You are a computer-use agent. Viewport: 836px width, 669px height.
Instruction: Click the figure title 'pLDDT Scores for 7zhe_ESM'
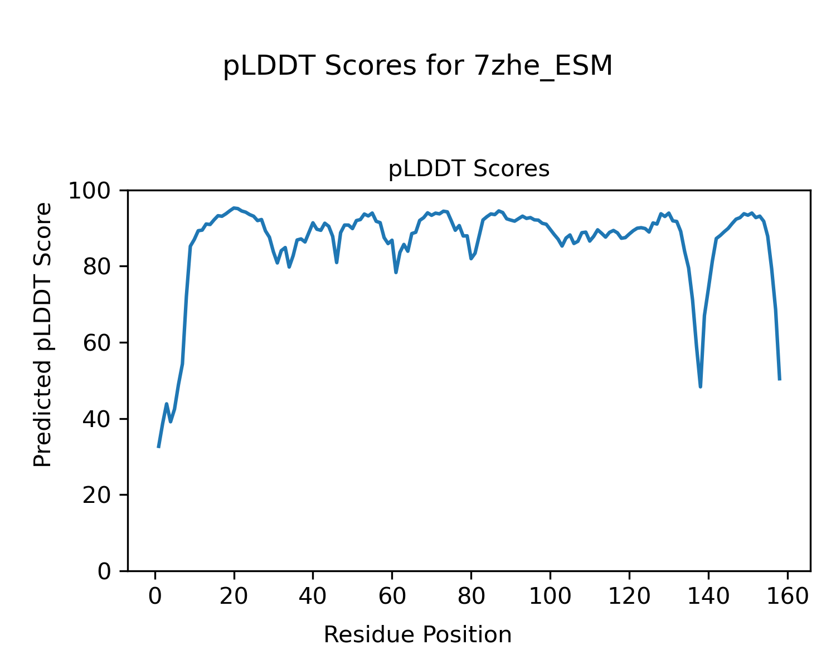tap(417, 66)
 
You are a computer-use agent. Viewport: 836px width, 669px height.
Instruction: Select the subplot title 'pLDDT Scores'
tap(469, 169)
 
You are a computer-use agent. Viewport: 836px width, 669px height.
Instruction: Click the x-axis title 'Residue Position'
tap(417, 634)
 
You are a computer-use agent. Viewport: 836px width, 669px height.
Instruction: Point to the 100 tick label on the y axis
tap(96, 191)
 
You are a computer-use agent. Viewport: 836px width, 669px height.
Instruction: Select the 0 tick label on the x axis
tap(155, 597)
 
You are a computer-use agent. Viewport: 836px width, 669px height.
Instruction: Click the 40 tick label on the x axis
tap(313, 597)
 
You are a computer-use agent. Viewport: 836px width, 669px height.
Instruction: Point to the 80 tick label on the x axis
tap(471, 597)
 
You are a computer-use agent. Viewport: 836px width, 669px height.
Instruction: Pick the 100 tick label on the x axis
tap(550, 597)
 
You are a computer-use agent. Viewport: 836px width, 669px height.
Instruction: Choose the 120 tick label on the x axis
tap(629, 597)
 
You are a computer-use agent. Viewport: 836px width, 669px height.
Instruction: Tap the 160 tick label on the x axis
tap(787, 597)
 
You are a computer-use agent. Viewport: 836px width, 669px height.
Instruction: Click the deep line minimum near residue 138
tap(700, 386)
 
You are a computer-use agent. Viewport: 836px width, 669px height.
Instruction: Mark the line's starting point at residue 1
tap(159, 447)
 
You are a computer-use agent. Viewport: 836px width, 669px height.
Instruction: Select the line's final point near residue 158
tap(779, 379)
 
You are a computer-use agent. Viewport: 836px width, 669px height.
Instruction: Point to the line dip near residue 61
tap(396, 272)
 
